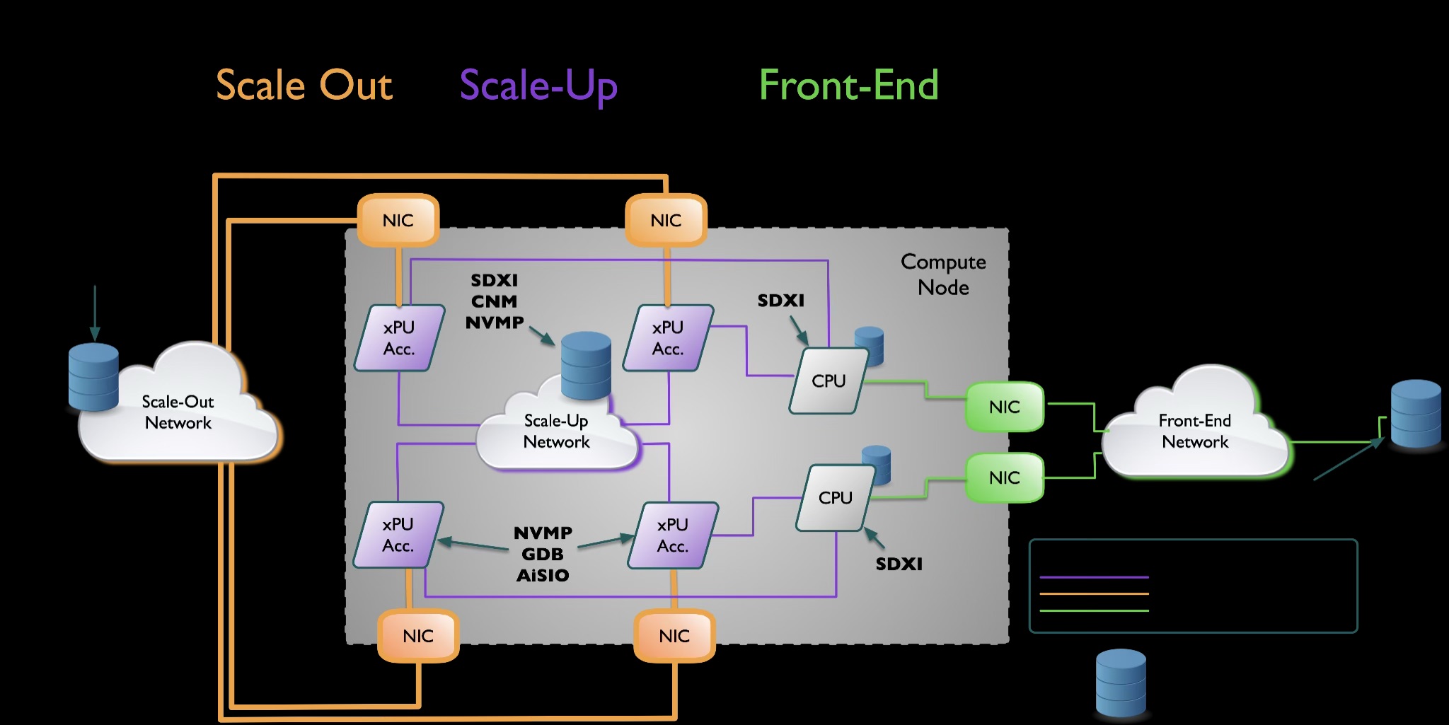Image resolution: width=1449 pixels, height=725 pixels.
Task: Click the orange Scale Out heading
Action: (304, 86)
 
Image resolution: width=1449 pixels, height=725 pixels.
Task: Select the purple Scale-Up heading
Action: (538, 86)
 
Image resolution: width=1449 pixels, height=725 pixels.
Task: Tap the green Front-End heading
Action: (848, 86)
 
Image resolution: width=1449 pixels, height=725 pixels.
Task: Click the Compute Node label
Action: (943, 274)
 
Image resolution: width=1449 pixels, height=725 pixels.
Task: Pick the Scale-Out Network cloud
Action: (178, 412)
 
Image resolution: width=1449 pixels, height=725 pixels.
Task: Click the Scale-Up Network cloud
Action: (556, 431)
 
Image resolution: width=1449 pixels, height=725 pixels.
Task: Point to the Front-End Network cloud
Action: (1195, 431)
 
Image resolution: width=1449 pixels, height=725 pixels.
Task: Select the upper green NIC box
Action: (1004, 407)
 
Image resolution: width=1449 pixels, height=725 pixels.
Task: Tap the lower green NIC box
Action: (1004, 477)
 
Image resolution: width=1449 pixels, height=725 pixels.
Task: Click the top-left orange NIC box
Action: (398, 221)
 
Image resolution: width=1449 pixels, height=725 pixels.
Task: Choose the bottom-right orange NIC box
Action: (674, 636)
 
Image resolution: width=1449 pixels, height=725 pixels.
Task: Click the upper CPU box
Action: (829, 381)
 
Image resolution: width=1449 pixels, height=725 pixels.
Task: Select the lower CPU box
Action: (835, 498)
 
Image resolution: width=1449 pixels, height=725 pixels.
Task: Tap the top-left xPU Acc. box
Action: (399, 338)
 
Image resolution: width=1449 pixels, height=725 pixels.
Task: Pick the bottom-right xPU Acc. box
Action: (672, 535)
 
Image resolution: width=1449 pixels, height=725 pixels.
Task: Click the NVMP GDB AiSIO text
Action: (543, 554)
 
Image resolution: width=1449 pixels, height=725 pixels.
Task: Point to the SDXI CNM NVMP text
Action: (495, 301)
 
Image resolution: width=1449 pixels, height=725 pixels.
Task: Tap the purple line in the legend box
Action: (1094, 577)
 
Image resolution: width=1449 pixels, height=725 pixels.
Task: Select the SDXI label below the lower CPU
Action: (899, 564)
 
